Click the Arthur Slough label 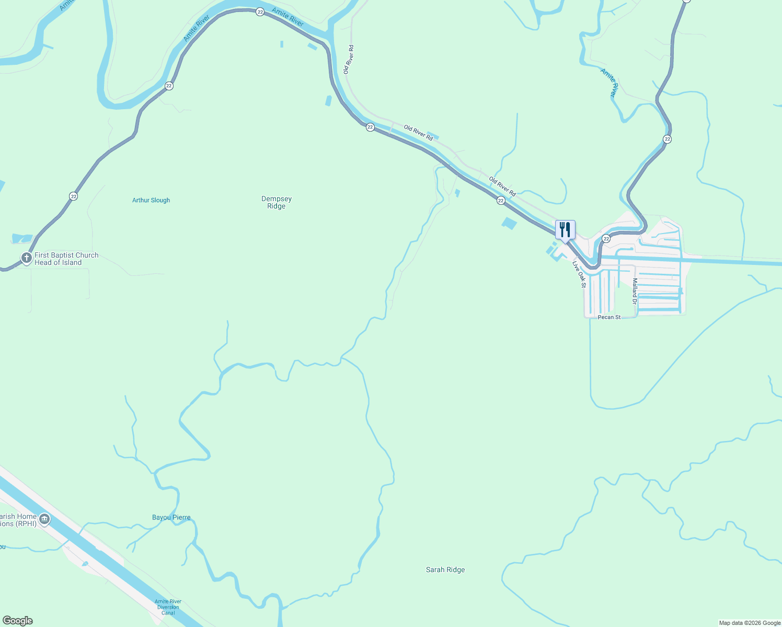pyautogui.click(x=151, y=200)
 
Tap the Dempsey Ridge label pyautogui.click(x=277, y=202)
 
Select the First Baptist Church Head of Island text pyautogui.click(x=66, y=259)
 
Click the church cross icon pyautogui.click(x=27, y=258)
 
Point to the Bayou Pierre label pyautogui.click(x=171, y=517)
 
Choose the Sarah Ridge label pyautogui.click(x=445, y=570)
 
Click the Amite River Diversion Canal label pyautogui.click(x=168, y=607)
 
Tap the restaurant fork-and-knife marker pyautogui.click(x=565, y=229)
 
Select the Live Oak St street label pyautogui.click(x=579, y=274)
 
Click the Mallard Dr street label pyautogui.click(x=635, y=291)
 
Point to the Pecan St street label pyautogui.click(x=609, y=317)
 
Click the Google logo pyautogui.click(x=18, y=621)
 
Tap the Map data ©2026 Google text pyautogui.click(x=749, y=623)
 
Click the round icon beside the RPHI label pyautogui.click(x=44, y=519)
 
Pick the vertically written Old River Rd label pyautogui.click(x=349, y=59)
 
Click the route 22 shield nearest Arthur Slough pyautogui.click(x=74, y=196)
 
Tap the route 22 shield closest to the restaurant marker pyautogui.click(x=606, y=239)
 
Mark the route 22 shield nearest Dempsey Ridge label pyautogui.click(x=370, y=127)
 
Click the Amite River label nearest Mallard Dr pyautogui.click(x=609, y=83)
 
